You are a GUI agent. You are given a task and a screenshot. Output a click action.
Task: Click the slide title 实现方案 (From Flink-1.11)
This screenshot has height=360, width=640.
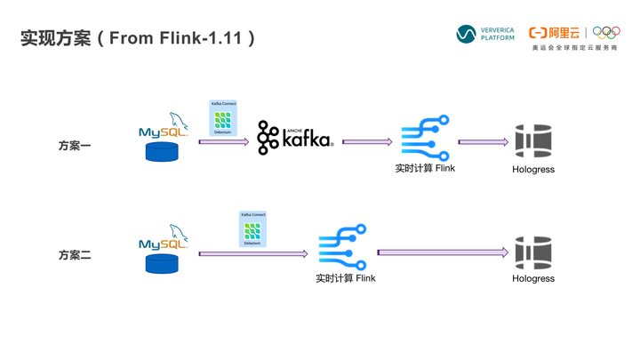(139, 38)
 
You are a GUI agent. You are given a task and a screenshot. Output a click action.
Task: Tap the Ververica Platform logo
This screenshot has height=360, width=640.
(485, 34)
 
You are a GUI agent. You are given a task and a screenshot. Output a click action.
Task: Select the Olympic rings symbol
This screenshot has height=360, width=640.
(606, 32)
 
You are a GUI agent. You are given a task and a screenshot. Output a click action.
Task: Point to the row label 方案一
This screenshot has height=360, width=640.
(75, 145)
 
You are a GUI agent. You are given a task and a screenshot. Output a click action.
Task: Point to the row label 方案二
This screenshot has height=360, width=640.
(75, 255)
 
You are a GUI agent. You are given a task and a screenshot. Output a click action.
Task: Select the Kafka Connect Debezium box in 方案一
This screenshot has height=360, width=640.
(223, 118)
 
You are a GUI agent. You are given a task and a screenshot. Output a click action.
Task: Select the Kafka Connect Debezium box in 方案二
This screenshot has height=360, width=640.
(252, 229)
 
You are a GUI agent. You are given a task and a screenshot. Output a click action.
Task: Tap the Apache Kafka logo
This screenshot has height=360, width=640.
(294, 139)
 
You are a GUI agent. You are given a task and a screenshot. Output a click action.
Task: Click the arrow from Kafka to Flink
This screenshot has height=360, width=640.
(367, 141)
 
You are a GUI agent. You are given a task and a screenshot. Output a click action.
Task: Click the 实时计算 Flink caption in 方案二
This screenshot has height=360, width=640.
(346, 278)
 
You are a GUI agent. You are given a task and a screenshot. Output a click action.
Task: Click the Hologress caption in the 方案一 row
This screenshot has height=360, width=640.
(533, 169)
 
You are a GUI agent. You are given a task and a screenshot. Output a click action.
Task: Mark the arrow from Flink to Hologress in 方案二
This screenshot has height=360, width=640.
(443, 252)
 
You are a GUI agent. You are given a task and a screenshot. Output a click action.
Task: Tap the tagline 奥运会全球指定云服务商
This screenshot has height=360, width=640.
(574, 48)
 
